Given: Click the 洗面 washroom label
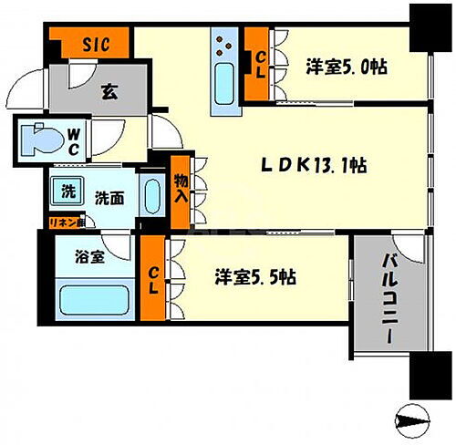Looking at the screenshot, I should click(112, 196).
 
